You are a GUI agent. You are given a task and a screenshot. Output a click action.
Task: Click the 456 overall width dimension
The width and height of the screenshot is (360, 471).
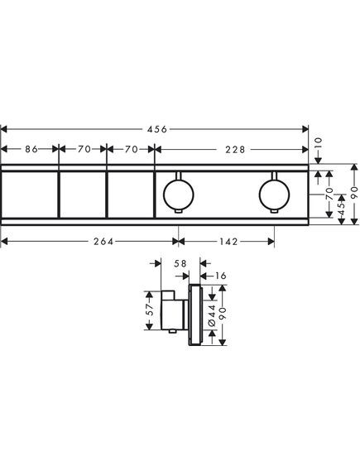[x=156, y=129]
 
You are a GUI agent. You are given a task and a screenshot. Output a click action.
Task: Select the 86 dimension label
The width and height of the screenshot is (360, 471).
[x=31, y=149]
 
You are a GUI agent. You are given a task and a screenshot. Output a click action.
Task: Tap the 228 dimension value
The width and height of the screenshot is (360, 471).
[x=235, y=149]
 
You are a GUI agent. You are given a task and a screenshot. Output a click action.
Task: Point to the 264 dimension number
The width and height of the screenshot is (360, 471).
[x=103, y=242]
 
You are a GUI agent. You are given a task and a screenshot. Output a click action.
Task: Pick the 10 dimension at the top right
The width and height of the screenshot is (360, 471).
[x=319, y=143]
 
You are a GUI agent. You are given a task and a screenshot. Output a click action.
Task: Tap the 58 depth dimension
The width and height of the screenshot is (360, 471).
[x=180, y=263]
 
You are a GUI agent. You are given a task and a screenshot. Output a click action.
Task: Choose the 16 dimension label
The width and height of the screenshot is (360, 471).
[x=221, y=276]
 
